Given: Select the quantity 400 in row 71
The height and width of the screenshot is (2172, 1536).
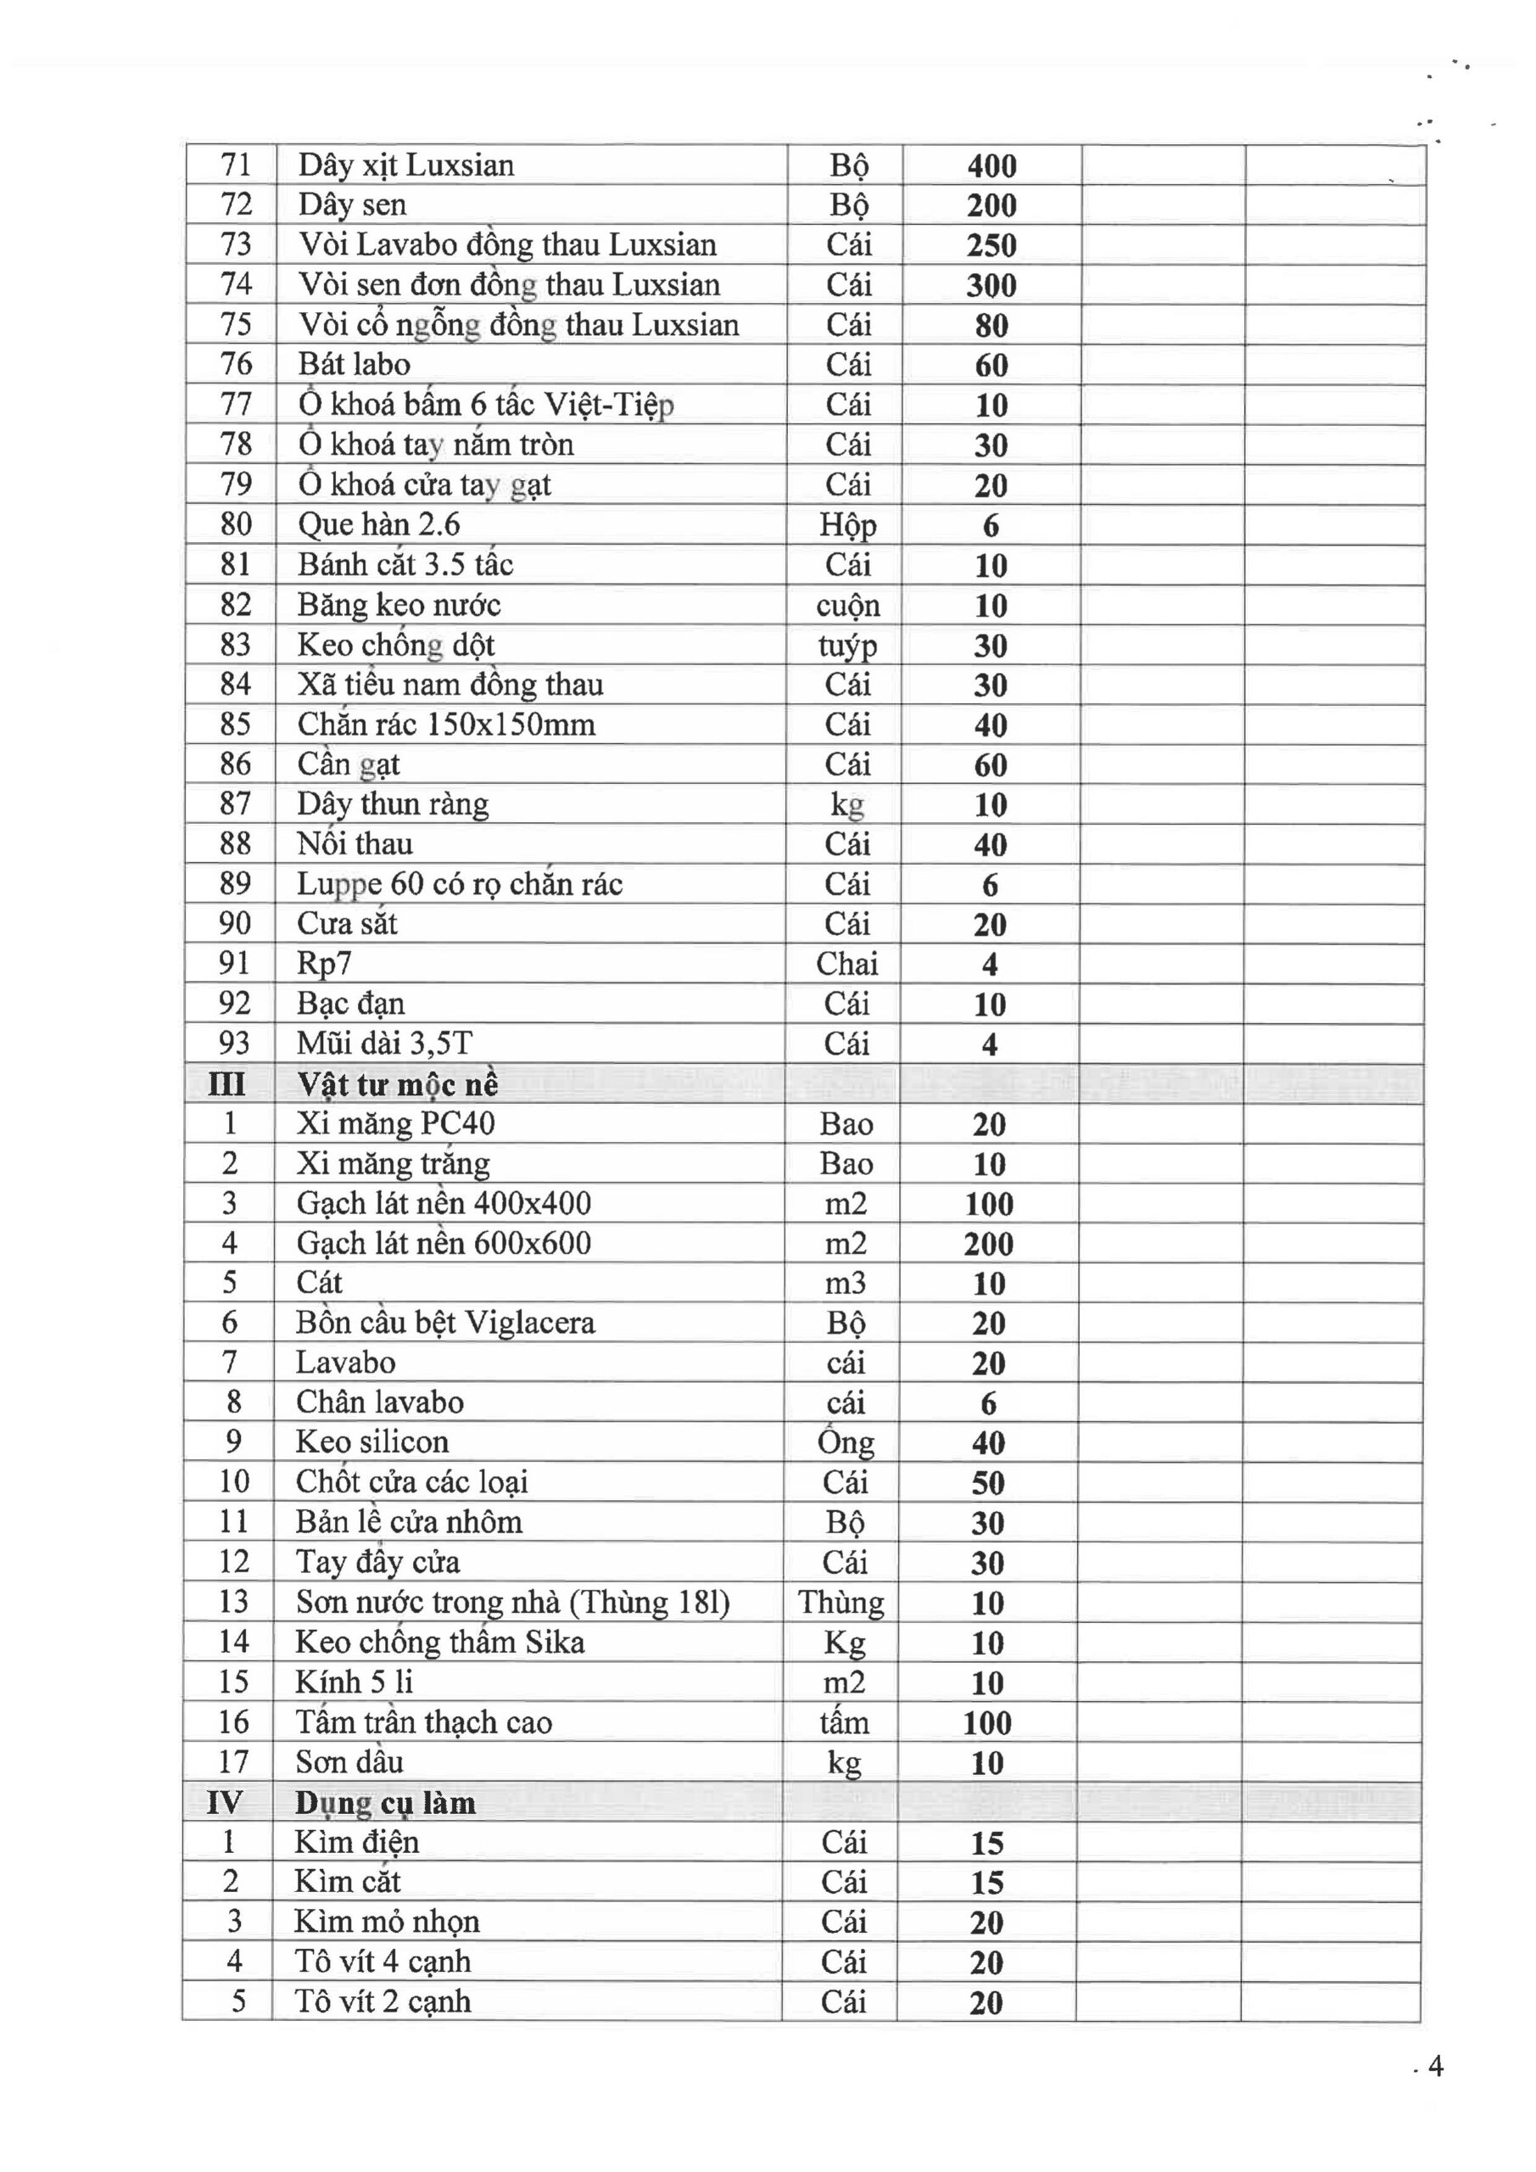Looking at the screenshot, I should [991, 166].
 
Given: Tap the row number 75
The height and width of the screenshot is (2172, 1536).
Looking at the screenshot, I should [236, 324].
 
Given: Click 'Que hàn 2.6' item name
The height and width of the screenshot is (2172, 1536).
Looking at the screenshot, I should [378, 524].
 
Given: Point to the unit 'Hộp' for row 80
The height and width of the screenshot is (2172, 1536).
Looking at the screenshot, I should [847, 525].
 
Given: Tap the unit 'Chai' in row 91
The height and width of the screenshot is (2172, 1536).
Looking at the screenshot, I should [846, 964].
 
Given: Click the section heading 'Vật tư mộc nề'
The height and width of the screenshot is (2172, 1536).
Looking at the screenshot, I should [397, 1084].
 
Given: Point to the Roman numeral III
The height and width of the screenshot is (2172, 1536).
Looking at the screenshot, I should [227, 1084].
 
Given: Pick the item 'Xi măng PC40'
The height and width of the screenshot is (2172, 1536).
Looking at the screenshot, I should [395, 1124].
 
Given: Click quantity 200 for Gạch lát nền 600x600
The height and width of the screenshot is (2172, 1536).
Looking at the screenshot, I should [988, 1244].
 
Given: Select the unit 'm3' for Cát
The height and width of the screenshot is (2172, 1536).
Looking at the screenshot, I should [846, 1284].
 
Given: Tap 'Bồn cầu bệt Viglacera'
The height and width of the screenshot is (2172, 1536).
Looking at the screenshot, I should [445, 1323].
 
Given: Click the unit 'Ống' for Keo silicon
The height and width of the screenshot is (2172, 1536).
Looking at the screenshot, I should [846, 1442].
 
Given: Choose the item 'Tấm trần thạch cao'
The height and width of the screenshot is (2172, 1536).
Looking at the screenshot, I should [424, 1721].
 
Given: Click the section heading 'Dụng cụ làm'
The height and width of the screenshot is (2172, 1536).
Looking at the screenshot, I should [385, 1802].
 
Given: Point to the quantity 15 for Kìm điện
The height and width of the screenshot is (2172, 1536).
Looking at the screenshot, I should [986, 1843].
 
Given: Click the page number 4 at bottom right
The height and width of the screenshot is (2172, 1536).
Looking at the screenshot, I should [1435, 2067].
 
